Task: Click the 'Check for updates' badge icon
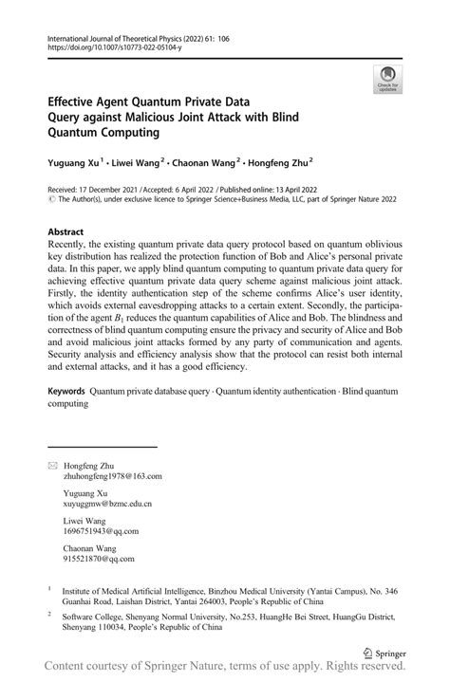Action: point(387,80)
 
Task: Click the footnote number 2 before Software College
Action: point(49,614)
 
